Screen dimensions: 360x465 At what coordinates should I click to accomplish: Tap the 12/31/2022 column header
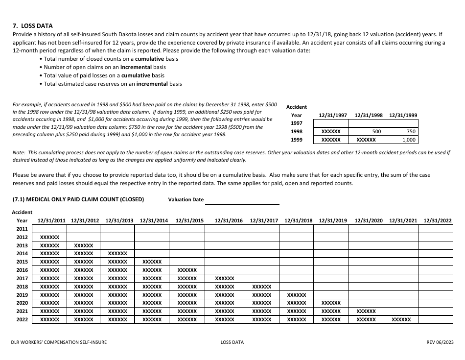pyautogui.click(x=438, y=221)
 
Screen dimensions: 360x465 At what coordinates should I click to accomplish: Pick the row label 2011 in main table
pyautogui.click(x=22, y=229)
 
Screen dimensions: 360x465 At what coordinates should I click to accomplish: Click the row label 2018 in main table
pyautogui.click(x=22, y=287)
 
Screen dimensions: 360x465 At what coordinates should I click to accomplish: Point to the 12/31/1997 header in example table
pyautogui.click(x=333, y=116)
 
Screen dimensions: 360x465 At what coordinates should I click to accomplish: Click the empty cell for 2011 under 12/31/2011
pyautogui.click(x=49, y=229)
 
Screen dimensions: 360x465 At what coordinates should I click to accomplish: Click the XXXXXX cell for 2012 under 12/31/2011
pyautogui.click(x=49, y=237)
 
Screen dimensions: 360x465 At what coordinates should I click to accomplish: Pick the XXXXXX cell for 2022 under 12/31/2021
pyautogui.click(x=401, y=320)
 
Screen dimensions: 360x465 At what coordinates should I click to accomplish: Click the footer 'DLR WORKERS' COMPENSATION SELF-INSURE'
pyautogui.click(x=59, y=343)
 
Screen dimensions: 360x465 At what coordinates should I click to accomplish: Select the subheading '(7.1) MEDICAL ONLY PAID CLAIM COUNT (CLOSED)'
pyautogui.click(x=78, y=200)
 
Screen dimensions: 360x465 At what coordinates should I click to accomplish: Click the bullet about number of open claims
pyautogui.click(x=104, y=67)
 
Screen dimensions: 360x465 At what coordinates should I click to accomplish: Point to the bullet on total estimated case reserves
pyautogui.click(x=112, y=84)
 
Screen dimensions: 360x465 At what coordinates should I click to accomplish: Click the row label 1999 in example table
pyautogui.click(x=297, y=140)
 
